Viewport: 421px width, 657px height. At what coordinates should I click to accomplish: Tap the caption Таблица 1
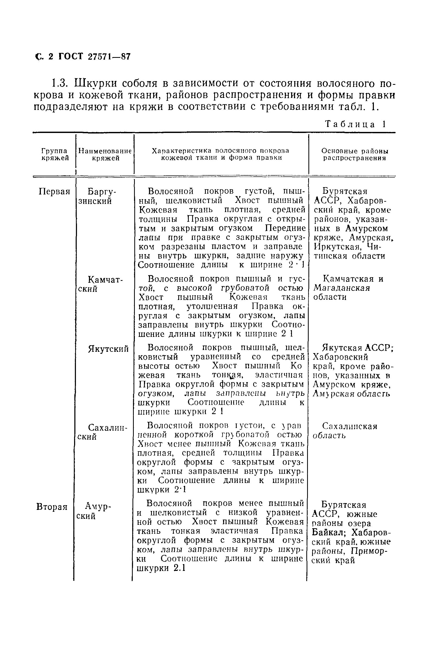[x=355, y=124]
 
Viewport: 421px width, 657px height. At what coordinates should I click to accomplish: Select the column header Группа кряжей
[x=54, y=154]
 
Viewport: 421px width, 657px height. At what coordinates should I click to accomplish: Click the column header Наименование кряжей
[x=105, y=154]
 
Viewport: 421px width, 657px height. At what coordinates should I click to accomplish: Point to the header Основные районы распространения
[x=354, y=154]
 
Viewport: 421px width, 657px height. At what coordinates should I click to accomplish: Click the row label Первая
[x=54, y=191]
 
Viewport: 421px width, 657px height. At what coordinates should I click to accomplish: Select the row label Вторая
[x=52, y=507]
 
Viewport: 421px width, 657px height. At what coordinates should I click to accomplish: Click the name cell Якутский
[x=108, y=349]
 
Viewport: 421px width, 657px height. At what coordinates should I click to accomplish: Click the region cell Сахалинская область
[x=345, y=430]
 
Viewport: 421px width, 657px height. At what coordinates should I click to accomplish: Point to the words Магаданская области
[x=341, y=292]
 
